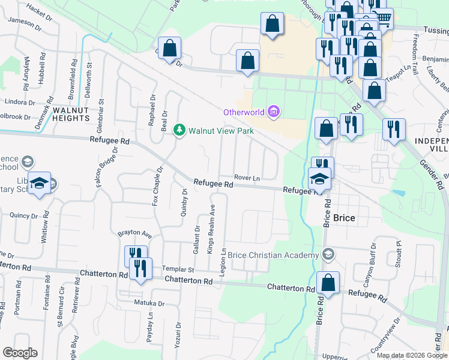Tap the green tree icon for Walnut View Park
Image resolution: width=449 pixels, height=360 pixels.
pos(179,130)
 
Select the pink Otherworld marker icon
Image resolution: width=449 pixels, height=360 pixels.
pos(274,112)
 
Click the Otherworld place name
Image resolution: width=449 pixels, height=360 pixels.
pos(244,112)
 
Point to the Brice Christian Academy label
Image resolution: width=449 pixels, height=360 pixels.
pos(273,256)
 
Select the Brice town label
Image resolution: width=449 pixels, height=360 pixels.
pos(345,218)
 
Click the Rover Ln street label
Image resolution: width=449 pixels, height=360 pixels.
pos(247,178)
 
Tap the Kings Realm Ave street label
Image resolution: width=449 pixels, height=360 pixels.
pos(211,228)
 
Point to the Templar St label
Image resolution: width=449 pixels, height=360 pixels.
pos(177,271)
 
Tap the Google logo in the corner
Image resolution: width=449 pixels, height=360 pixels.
pos(20,353)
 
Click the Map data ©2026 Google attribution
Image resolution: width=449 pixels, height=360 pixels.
pos(412,355)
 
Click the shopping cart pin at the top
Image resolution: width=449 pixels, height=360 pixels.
pos(382,17)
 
